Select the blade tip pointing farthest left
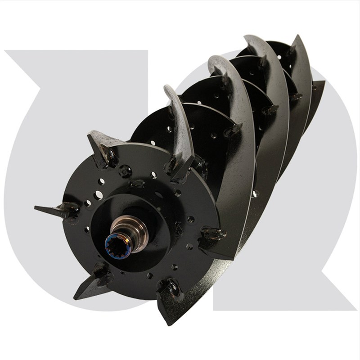click(x=37, y=208)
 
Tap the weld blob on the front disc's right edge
click(x=211, y=234)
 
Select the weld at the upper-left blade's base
click(x=108, y=155)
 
